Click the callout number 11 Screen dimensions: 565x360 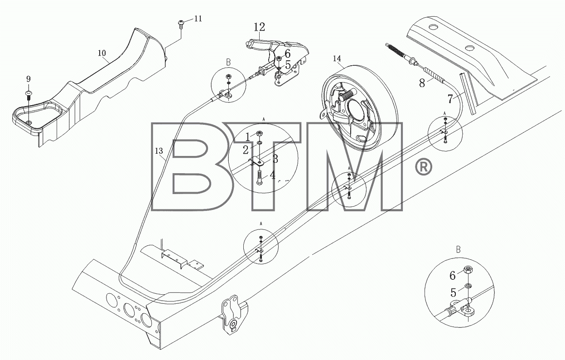click(198, 19)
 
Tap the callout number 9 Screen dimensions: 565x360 click(28, 79)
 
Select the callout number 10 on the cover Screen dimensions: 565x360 click(102, 53)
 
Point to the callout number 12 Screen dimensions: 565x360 click(259, 27)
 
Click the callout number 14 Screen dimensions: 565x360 click(337, 58)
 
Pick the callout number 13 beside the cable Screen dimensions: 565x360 click(159, 151)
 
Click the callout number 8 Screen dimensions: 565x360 click(422, 83)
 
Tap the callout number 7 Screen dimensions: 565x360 click(450, 99)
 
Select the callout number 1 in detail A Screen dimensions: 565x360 click(248, 137)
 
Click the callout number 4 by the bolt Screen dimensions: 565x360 click(272, 175)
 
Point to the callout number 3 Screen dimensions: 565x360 click(275, 159)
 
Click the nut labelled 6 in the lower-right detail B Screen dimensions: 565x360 click(468, 270)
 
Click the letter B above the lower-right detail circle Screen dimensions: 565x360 click(459, 250)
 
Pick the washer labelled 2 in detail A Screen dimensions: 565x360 click(259, 144)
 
